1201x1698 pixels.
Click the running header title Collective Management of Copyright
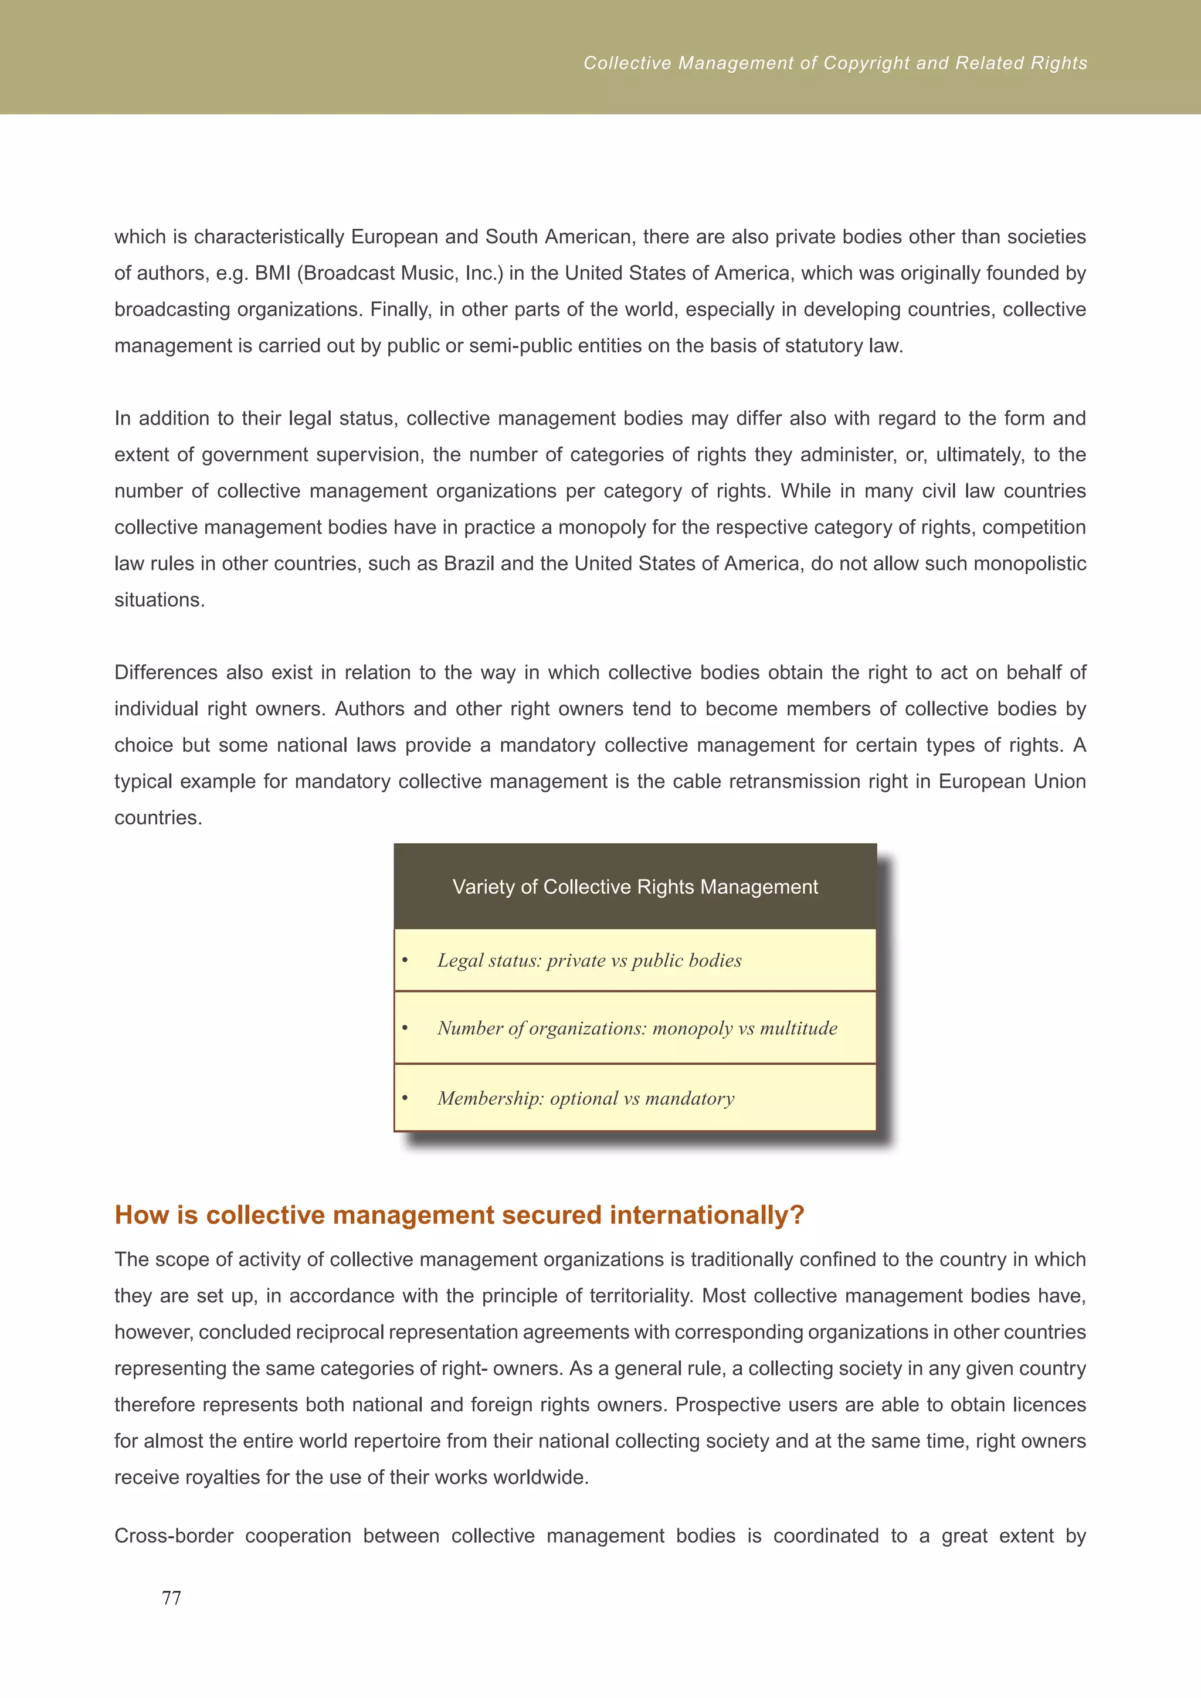(835, 63)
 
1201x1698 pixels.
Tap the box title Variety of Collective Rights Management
(635, 887)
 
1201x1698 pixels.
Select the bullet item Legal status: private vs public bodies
(589, 960)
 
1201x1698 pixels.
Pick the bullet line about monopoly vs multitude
(637, 1028)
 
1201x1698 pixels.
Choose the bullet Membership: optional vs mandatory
(585, 1098)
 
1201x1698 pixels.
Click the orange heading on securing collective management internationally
(459, 1215)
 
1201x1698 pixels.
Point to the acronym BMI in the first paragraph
(272, 274)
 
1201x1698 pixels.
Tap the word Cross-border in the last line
(174, 1536)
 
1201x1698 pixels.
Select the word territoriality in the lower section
(639, 1296)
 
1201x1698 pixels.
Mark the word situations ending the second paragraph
(159, 600)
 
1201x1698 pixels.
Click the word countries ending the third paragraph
(158, 818)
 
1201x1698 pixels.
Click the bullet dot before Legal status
(405, 960)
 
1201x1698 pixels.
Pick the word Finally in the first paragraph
(400, 310)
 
